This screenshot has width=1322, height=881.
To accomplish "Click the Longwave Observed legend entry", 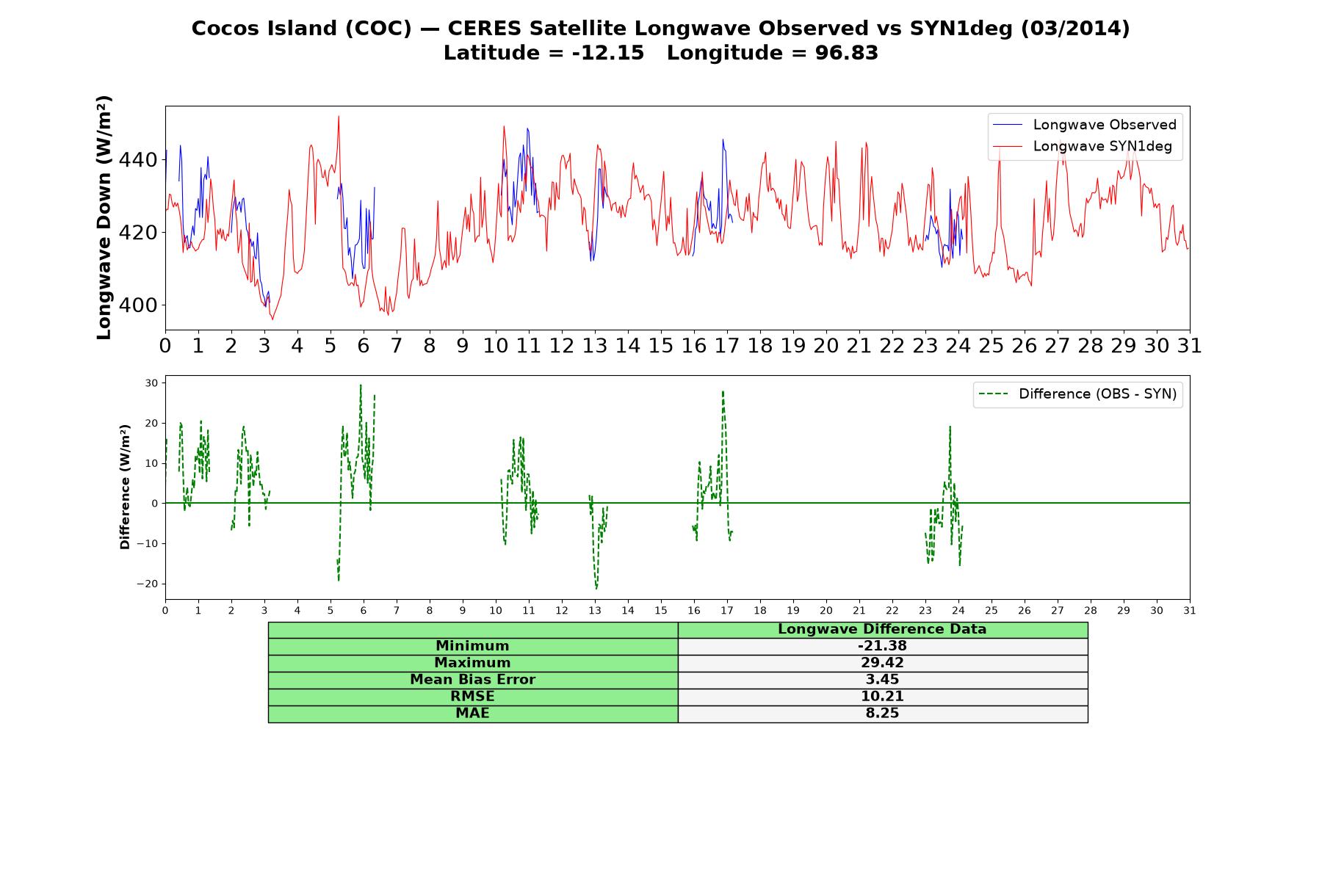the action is coord(1084,125).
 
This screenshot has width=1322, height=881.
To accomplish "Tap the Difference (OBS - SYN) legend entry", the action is coord(1077,394).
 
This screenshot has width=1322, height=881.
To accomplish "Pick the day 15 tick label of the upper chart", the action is coord(661,345).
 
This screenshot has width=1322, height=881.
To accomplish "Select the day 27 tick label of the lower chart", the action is coord(1058,610).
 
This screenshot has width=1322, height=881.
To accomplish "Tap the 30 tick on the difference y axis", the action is coord(152,383).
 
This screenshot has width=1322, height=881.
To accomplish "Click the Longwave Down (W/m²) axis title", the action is coord(104,217).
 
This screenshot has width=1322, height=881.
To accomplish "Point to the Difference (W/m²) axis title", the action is coord(125,487).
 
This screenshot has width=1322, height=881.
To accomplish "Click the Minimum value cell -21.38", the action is coord(882,646).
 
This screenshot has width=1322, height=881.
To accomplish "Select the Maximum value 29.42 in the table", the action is coord(882,663).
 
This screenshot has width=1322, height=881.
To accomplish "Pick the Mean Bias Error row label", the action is coord(472,680).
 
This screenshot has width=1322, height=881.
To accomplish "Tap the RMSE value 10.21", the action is coord(882,697).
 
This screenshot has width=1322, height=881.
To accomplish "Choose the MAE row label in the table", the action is coord(472,714).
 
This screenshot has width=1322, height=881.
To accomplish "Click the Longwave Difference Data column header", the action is coord(882,629).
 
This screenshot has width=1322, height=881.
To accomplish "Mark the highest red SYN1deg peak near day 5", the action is coord(339,116).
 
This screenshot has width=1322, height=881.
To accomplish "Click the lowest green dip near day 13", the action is coord(596,588).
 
